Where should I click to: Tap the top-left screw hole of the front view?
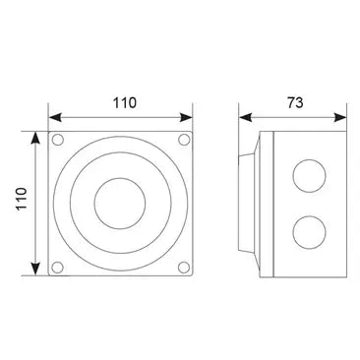click(59, 139)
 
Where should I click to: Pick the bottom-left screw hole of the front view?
click(59, 266)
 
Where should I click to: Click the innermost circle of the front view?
click(122, 203)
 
